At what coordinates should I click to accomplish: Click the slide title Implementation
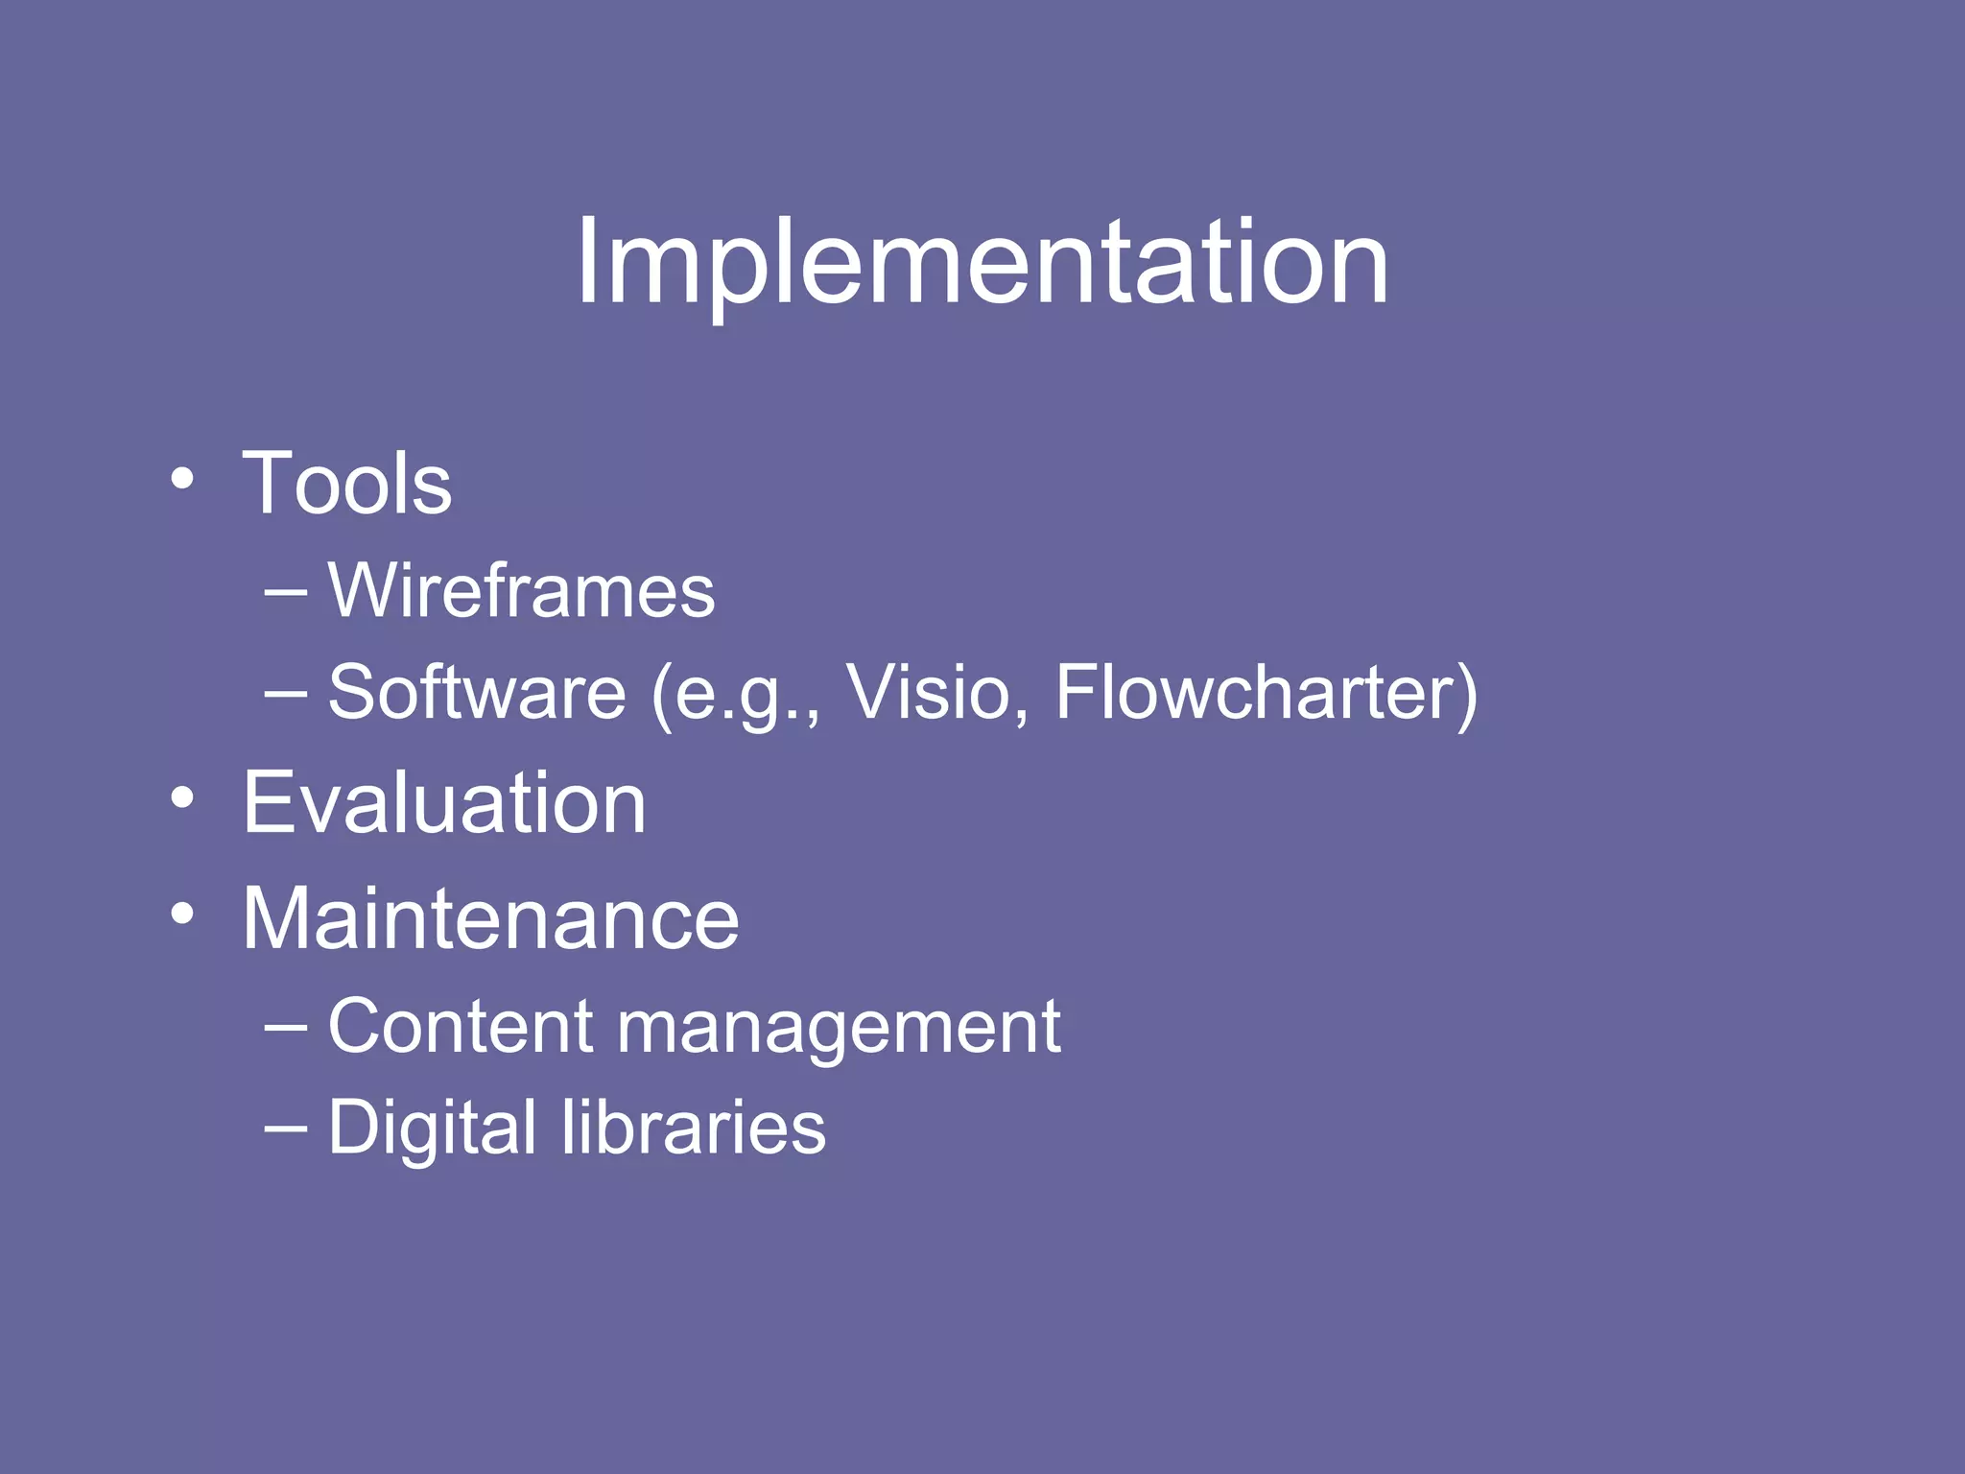(x=982, y=262)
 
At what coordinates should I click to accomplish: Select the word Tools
(x=346, y=484)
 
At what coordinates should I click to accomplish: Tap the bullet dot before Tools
(x=182, y=478)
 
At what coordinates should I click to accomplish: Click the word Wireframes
(x=521, y=590)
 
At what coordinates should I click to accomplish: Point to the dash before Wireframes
(x=285, y=594)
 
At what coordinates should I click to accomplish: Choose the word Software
(x=477, y=692)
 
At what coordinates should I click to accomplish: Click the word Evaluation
(x=444, y=803)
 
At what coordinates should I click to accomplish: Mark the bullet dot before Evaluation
(x=182, y=797)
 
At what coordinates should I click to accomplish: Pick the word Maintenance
(x=490, y=919)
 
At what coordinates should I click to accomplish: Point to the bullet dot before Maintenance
(x=182, y=914)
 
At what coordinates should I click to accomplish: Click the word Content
(x=461, y=1027)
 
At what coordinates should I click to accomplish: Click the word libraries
(x=694, y=1127)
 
